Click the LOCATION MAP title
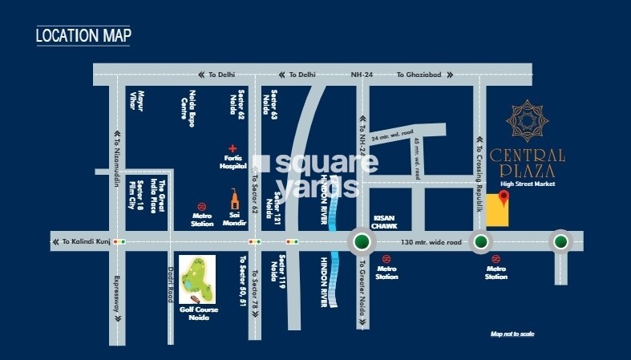tap(83, 35)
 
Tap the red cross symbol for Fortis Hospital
tap(233, 148)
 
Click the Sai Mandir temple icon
tap(235, 200)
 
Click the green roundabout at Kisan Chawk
tap(362, 241)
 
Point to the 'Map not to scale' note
tap(512, 334)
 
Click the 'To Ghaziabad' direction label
tap(419, 75)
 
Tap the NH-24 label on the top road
tap(362, 75)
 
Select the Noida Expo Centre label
tap(188, 109)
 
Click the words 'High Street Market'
tap(528, 184)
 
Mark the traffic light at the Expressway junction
tap(119, 241)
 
